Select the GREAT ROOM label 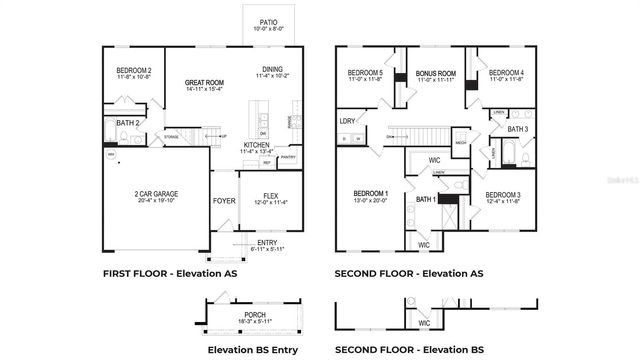[x=203, y=83]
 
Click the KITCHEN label [x=257, y=145]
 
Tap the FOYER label [x=224, y=200]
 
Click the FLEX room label [x=270, y=195]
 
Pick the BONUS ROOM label [x=435, y=73]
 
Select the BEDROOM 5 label [x=365, y=73]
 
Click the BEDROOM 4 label [x=507, y=73]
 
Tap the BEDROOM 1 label [x=369, y=192]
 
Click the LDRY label [x=347, y=121]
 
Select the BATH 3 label [x=517, y=129]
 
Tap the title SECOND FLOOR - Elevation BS [x=408, y=350]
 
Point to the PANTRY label [x=288, y=157]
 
